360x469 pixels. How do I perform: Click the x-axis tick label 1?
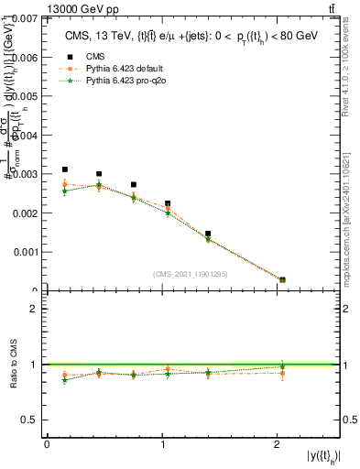162,444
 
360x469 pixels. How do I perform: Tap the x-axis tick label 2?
278,444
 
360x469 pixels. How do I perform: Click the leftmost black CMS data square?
64,169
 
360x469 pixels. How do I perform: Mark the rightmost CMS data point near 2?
282,279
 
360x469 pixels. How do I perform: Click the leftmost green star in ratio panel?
64,379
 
